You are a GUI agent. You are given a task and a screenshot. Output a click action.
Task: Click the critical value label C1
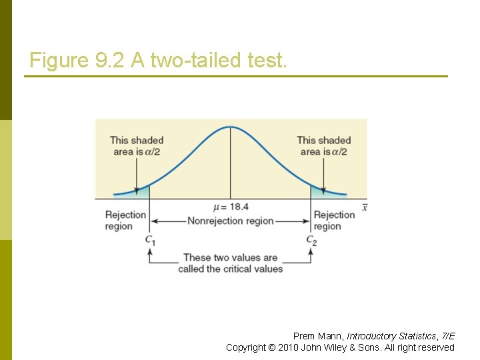point(150,241)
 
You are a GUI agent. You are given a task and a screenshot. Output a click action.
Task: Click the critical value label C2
point(311,241)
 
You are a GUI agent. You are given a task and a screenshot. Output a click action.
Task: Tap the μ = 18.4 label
point(230,207)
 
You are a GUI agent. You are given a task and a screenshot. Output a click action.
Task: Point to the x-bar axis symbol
point(365,207)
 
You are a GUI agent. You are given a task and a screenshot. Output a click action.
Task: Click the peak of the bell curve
point(231,127)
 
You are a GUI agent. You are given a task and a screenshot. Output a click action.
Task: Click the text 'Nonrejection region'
point(230,221)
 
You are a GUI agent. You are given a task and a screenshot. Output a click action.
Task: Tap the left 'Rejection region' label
point(125,220)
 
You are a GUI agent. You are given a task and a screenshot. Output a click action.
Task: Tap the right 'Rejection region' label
point(334,220)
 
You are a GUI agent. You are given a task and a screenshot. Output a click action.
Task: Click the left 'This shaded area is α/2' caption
point(137,146)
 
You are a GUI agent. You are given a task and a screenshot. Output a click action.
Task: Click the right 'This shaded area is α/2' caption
point(323,146)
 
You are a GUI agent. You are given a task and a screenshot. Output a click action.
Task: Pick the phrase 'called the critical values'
point(230,269)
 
